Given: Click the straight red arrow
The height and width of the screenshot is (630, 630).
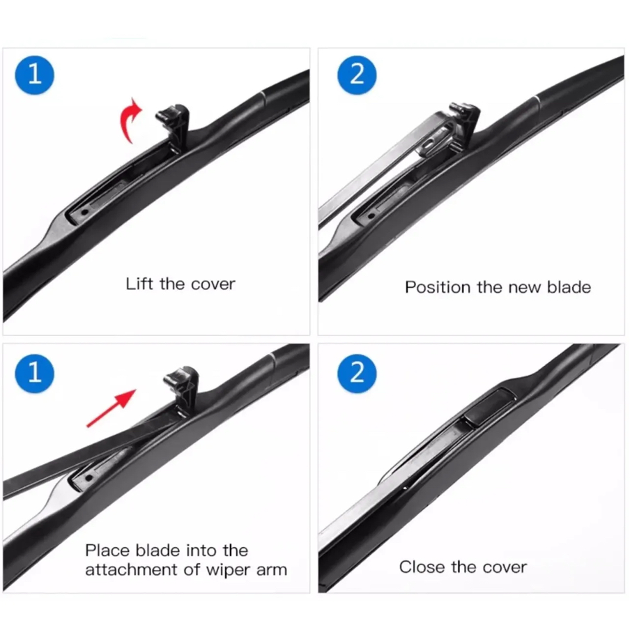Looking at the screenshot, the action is (x=112, y=408).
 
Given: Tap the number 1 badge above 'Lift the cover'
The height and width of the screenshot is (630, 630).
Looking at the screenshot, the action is (x=35, y=75).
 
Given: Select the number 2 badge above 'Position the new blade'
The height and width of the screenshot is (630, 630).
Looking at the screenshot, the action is (x=357, y=75).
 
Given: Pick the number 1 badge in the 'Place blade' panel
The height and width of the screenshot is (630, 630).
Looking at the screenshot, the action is (x=35, y=374).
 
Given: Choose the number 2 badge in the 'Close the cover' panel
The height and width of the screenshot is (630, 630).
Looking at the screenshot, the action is (x=357, y=374).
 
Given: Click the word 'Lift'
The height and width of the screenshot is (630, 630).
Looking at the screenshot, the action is (x=139, y=284).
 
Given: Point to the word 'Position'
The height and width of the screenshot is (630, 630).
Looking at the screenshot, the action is (x=438, y=287).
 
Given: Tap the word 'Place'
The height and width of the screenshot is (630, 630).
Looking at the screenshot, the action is (x=108, y=551).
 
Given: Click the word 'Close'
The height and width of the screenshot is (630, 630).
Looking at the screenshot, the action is (x=422, y=567).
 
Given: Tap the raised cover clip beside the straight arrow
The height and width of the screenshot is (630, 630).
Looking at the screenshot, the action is (x=182, y=389).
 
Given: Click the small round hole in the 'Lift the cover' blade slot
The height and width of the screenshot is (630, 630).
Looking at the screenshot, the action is (x=84, y=212).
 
